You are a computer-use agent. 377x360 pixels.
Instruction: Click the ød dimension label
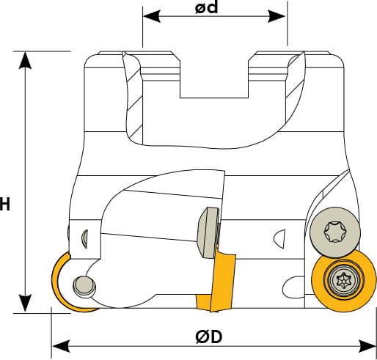coord(206,7)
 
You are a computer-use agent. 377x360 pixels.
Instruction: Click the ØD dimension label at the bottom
coord(209,337)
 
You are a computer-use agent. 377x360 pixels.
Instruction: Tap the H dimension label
coord(5,205)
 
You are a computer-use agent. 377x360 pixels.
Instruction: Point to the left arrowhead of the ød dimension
coord(152,16)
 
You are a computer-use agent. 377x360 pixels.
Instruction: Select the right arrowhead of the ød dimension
coord(277,16)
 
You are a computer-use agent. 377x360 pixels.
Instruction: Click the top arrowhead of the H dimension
coord(25,60)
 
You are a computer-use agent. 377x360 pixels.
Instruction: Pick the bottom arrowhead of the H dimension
coord(25,304)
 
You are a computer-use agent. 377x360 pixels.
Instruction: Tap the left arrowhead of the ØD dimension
coord(61,346)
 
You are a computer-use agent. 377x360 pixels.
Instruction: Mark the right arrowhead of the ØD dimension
coord(367,346)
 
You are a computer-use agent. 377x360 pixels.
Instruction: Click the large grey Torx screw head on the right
coord(335,232)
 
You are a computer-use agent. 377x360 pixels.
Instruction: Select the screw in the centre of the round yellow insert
coord(344,281)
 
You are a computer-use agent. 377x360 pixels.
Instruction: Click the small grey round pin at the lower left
coord(84,287)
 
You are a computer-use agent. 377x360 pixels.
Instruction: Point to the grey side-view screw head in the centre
coord(208,232)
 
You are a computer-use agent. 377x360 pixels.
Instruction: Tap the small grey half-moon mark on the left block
coord(84,239)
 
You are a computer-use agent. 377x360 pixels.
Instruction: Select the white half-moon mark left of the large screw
coord(279,239)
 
